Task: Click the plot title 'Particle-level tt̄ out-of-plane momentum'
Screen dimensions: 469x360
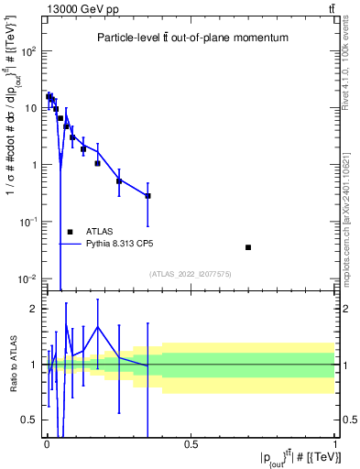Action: click(x=190, y=38)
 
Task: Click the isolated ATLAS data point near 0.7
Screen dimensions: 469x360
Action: click(x=248, y=247)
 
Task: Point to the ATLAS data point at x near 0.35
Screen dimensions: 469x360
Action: click(x=147, y=196)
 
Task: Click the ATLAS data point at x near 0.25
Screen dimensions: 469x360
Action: click(x=119, y=181)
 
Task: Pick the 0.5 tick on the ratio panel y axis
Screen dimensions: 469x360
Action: click(x=28, y=420)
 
